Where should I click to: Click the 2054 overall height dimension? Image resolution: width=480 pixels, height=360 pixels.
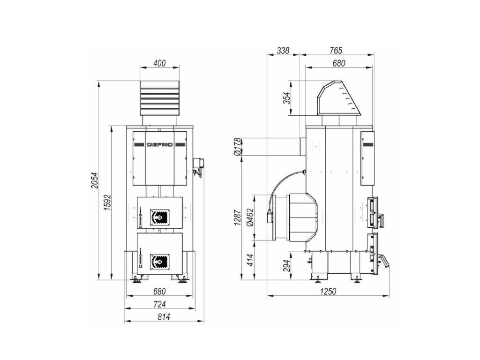coord(95,180)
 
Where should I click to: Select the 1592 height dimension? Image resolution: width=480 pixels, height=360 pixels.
coord(107,202)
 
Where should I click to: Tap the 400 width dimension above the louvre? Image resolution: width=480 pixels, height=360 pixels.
coord(159,63)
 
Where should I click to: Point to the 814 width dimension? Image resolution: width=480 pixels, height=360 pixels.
coord(164,317)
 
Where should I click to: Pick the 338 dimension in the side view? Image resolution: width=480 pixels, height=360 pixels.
coord(283,51)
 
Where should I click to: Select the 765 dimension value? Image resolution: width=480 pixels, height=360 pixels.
coord(336,51)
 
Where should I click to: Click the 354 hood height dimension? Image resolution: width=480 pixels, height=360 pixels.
coord(287,98)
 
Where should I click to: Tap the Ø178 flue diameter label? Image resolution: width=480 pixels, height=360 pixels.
coord(238,146)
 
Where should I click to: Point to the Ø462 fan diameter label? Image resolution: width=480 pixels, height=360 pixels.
coord(250,217)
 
